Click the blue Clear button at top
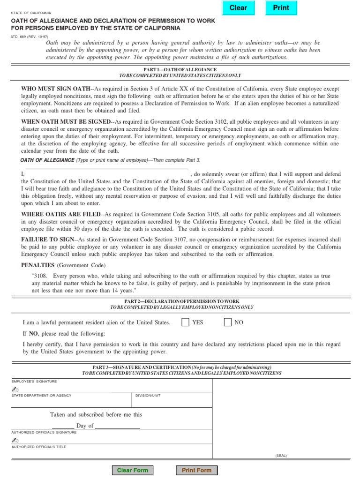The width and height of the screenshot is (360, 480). [238, 8]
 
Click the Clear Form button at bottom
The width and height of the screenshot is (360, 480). [132, 470]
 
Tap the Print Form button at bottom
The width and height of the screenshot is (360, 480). [196, 470]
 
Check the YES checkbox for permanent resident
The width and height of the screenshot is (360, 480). [186, 322]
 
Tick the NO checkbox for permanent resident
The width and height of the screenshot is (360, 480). [228, 322]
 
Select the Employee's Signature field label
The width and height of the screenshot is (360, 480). [34, 382]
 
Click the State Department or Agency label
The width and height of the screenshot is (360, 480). [41, 395]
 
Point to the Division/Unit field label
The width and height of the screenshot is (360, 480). [148, 395]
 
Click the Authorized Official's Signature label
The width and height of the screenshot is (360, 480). [44, 432]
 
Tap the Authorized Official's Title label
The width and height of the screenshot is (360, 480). [39, 447]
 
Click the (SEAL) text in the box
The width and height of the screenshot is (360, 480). [281, 456]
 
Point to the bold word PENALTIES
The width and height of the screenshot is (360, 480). [38, 265]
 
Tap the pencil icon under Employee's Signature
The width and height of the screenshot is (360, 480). [15, 390]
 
